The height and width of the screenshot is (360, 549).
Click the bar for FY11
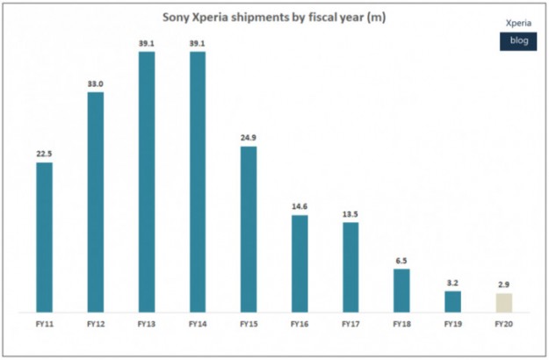45,237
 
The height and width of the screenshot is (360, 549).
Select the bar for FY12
96,202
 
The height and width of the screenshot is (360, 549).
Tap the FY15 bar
249,228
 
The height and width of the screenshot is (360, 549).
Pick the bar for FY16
300,263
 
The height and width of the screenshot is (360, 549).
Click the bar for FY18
401,291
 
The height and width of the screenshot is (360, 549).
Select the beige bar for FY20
503,302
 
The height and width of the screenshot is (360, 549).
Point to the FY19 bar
452,301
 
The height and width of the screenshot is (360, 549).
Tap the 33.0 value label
96,83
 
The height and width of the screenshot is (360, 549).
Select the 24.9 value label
249,138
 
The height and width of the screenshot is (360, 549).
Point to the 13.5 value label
350,213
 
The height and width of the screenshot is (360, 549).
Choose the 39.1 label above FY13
147,43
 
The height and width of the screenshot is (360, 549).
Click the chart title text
263,18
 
